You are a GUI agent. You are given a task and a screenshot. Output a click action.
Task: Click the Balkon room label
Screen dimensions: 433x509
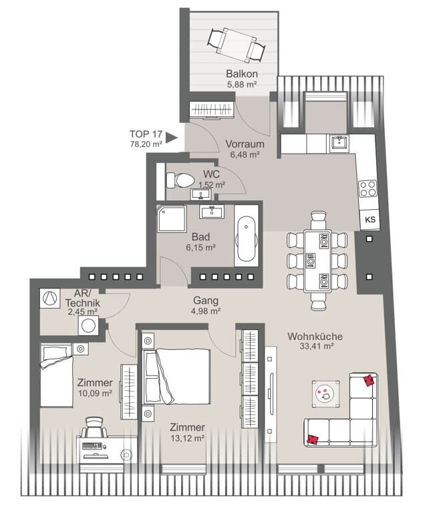(242, 73)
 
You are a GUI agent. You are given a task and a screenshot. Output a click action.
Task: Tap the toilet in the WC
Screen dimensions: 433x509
(180, 180)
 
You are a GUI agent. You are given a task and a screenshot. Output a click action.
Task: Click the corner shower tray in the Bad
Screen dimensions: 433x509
(172, 219)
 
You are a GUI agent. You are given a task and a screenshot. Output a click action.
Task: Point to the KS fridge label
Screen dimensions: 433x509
(370, 220)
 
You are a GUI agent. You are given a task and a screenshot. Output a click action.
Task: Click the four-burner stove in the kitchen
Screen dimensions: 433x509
(368, 188)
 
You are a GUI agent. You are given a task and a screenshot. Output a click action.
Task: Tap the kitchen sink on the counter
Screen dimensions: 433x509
(339, 143)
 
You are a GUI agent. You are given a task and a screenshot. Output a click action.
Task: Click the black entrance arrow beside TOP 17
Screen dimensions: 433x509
(171, 138)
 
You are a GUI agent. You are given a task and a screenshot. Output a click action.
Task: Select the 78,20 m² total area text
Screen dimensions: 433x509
(146, 144)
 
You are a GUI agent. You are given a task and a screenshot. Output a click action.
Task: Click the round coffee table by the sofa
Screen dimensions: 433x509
(326, 393)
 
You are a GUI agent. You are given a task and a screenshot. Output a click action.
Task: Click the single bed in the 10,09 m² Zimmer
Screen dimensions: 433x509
(56, 375)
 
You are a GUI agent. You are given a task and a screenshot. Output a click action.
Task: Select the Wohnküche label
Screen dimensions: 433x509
(315, 336)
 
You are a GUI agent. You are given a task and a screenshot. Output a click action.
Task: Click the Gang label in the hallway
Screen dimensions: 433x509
(206, 301)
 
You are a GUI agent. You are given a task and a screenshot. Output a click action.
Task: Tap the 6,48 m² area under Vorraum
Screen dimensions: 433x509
(245, 154)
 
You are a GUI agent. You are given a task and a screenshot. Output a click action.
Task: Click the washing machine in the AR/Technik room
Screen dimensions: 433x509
(88, 325)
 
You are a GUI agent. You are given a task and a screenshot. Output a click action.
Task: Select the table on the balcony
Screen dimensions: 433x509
(237, 45)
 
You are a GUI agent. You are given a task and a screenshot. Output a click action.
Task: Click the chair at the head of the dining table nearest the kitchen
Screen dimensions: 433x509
(318, 220)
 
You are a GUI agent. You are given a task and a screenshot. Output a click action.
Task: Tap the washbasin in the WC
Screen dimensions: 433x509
(200, 194)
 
